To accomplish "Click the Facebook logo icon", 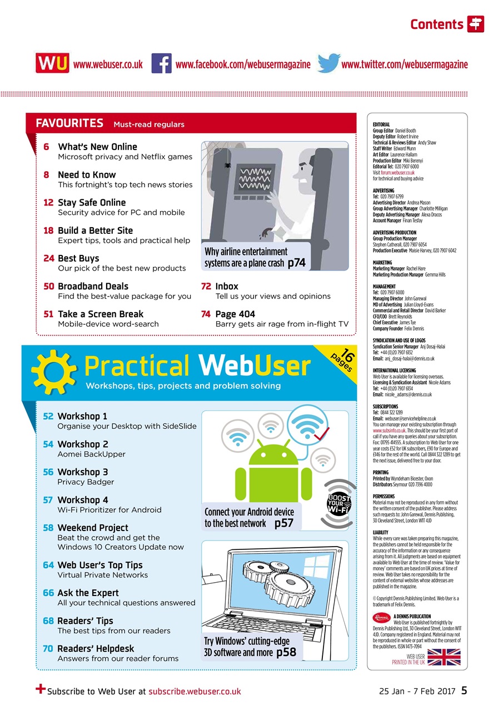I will tap(161, 64).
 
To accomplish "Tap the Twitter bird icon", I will tap(328, 64).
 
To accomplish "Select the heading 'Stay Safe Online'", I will tap(92, 203).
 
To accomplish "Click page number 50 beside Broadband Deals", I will tap(48, 286).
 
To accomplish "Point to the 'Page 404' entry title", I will tap(235, 314).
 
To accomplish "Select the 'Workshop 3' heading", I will tap(82, 472).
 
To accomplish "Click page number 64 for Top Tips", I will tap(48, 565).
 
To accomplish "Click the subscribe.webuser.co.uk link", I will tap(195, 692).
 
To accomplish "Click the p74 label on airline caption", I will tap(296, 263).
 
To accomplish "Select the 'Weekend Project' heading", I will tap(93, 528).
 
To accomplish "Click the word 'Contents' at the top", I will tap(436, 24).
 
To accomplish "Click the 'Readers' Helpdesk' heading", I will tap(96, 648).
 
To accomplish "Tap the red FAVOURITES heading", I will tap(69, 123).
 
